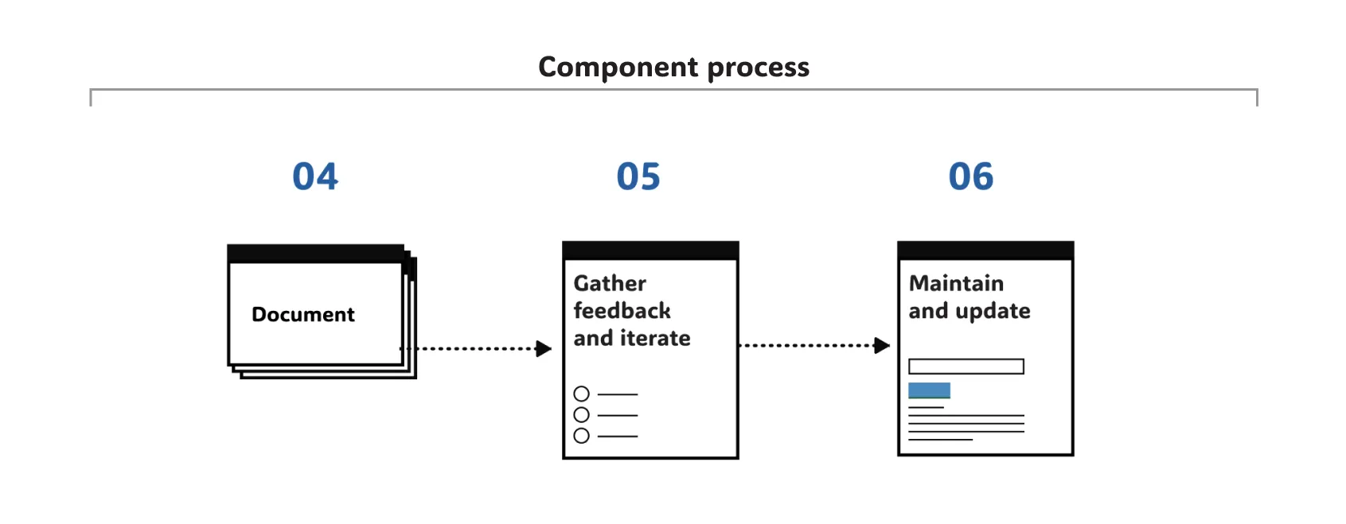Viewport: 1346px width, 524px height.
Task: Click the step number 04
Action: pos(315,177)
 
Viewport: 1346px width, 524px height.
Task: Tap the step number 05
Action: pos(638,177)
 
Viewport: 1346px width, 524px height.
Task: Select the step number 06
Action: pos(971,177)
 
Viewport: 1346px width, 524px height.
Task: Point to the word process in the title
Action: pos(758,68)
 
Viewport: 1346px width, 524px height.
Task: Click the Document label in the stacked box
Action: pos(302,315)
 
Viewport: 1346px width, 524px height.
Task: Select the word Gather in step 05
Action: pos(610,284)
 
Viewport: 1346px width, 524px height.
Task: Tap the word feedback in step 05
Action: pos(622,311)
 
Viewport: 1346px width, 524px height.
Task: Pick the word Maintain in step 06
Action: pos(956,284)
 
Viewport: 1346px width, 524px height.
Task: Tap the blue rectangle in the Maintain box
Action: pos(929,390)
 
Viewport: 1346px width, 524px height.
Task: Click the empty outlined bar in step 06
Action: pos(966,367)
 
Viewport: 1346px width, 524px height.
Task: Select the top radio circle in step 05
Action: pos(582,394)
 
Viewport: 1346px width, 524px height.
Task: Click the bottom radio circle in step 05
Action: pos(582,436)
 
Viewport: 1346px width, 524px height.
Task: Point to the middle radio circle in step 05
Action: pos(582,415)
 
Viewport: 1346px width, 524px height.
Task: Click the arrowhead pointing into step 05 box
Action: pos(544,348)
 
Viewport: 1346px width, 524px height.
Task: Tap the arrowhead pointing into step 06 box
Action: pos(882,345)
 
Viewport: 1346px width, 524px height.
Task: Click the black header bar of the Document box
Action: pos(315,254)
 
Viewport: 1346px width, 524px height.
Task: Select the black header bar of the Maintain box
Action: pos(985,250)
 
